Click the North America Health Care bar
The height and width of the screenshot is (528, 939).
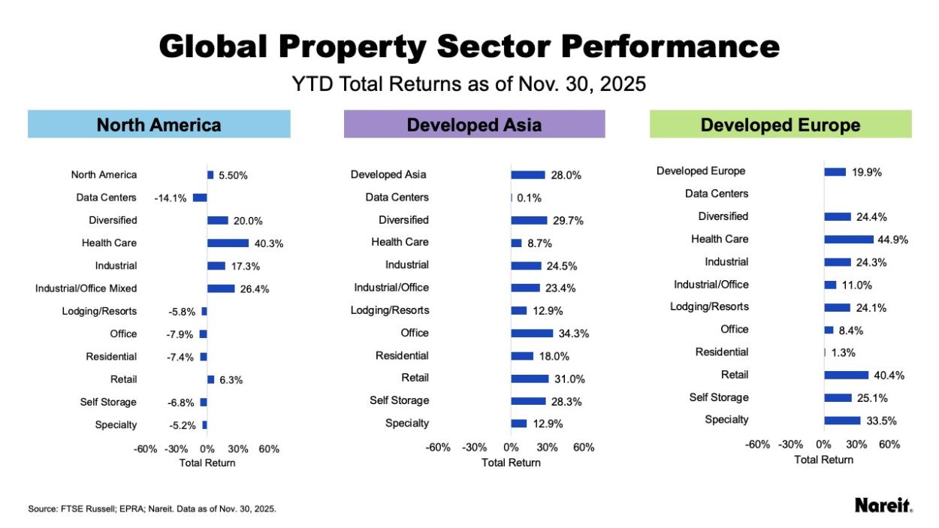pos(228,243)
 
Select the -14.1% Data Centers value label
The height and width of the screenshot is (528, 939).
pos(170,198)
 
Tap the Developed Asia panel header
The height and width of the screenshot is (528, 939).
pos(474,125)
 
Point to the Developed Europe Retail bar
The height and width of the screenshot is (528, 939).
pos(844,375)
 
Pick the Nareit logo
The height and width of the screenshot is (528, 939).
pos(883,505)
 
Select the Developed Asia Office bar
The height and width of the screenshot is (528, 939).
pos(531,333)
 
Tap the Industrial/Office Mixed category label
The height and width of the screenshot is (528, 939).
pos(86,288)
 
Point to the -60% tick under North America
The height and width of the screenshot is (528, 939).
pos(146,449)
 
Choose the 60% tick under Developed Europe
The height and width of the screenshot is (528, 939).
pos(889,445)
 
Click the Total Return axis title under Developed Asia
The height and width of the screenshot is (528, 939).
pos(511,463)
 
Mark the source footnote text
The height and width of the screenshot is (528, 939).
pos(152,508)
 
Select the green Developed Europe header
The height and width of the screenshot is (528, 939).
pos(780,125)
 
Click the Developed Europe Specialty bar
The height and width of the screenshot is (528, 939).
pos(842,421)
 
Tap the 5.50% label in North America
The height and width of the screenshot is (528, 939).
pos(233,176)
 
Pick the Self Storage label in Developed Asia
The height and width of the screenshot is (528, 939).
pos(399,400)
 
